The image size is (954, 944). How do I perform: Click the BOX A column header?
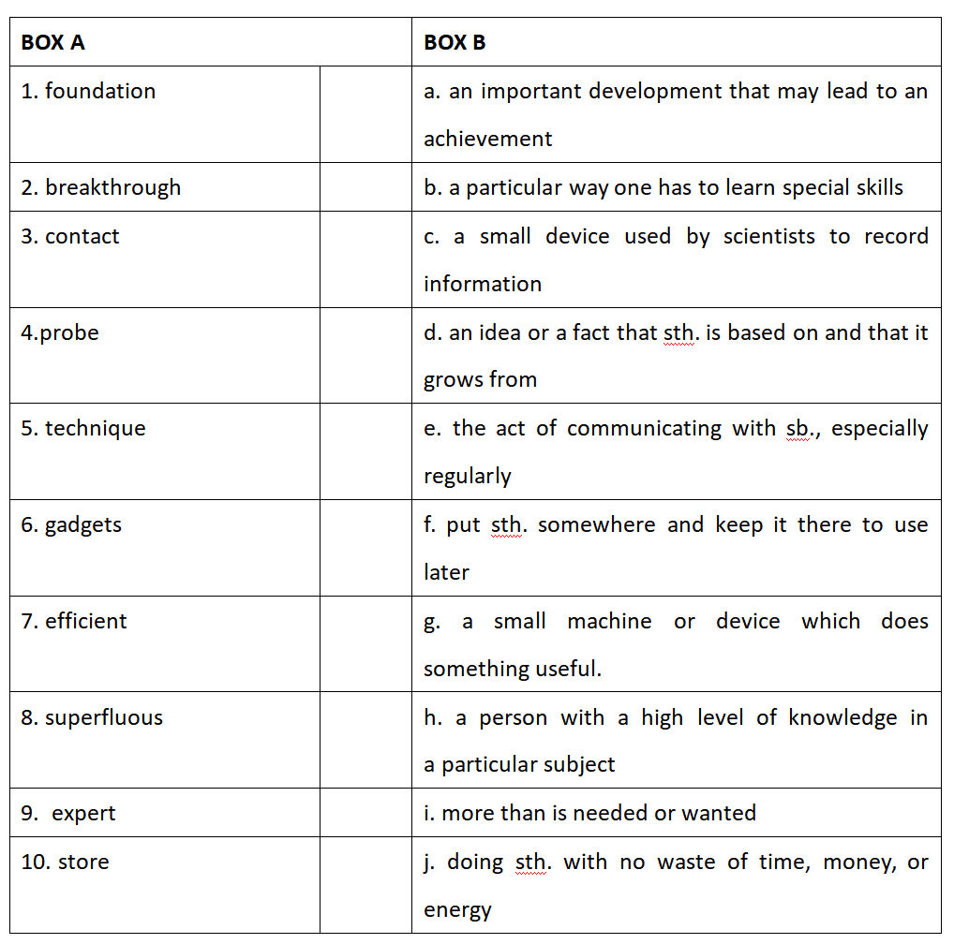point(52,42)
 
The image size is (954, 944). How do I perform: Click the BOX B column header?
point(455,42)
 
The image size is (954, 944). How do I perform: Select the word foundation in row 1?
point(100,92)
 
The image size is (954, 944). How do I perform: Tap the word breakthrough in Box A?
point(112,187)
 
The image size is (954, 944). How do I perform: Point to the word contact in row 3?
point(82,236)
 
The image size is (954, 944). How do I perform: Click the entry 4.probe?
point(60,332)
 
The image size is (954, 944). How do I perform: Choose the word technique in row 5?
point(96,429)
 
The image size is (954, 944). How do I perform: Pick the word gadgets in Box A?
point(83,525)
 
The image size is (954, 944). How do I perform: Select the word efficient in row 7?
point(85,621)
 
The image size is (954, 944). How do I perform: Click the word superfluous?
point(104,718)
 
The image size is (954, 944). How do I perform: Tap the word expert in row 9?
point(84,814)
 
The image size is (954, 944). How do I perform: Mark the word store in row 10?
point(83,862)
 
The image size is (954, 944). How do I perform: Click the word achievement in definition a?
point(487,140)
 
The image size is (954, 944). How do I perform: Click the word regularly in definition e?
point(467,477)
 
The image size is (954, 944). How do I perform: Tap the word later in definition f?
point(446,572)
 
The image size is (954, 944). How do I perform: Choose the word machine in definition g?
point(609,621)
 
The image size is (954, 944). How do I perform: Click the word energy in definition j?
point(457,910)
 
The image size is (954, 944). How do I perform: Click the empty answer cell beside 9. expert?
point(365,813)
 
